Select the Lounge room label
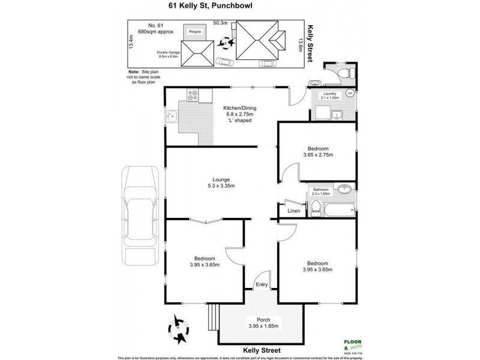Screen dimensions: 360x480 pyautogui.click(x=221, y=179)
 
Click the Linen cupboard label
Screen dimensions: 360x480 pyautogui.click(x=294, y=211)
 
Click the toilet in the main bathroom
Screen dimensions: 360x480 pyautogui.click(x=315, y=207)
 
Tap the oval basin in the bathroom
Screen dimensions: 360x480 pyautogui.click(x=344, y=191)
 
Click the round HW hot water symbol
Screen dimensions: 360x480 pyautogui.click(x=350, y=92)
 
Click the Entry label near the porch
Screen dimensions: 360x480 pyautogui.click(x=261, y=284)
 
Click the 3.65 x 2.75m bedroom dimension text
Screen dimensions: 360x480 pyautogui.click(x=317, y=154)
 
